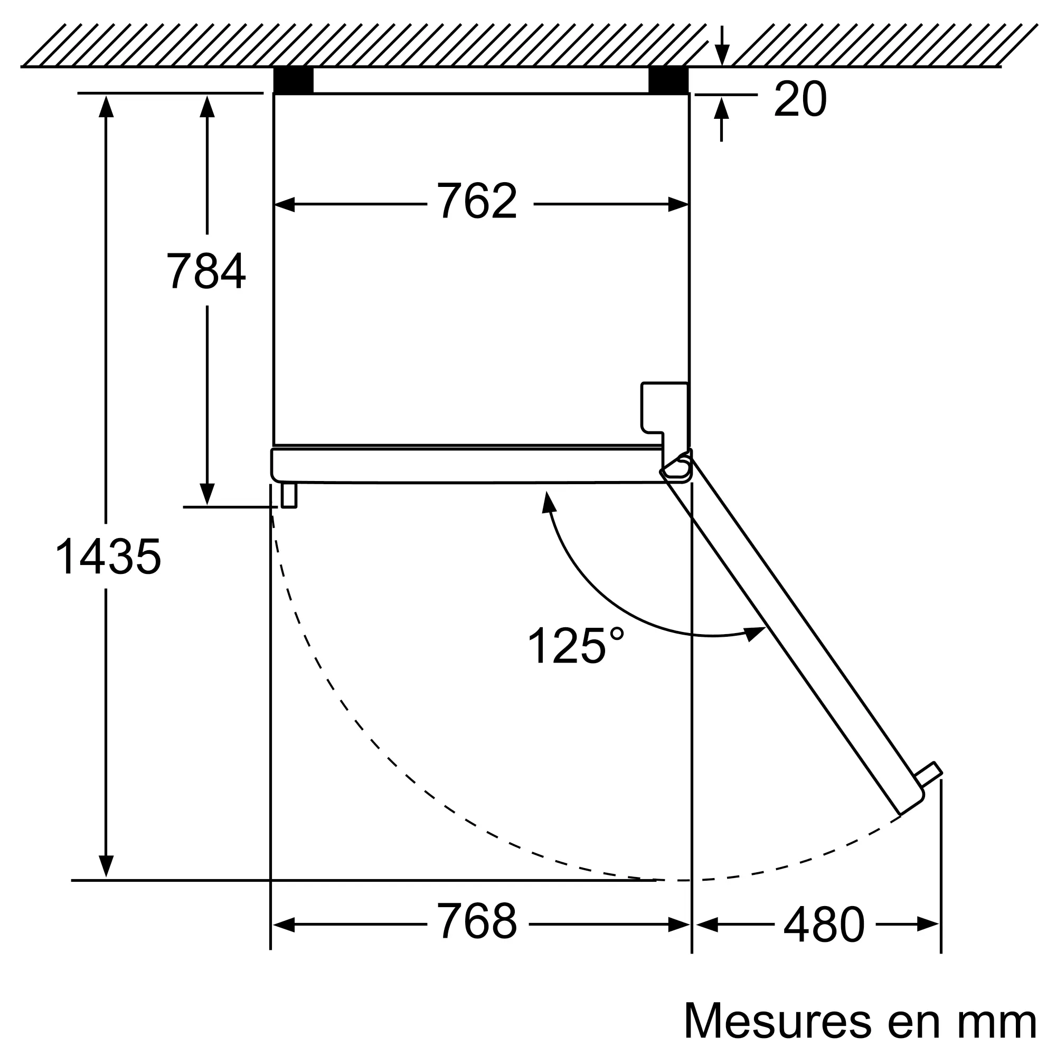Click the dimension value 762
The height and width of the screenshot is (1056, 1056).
(477, 201)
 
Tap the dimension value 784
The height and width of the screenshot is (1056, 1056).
(206, 270)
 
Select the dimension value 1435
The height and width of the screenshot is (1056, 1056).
(108, 557)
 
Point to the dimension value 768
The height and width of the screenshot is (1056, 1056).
(477, 921)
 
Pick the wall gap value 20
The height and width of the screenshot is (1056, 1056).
(800, 99)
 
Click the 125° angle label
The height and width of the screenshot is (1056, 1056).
(575, 645)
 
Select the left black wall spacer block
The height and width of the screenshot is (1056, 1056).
(294, 80)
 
